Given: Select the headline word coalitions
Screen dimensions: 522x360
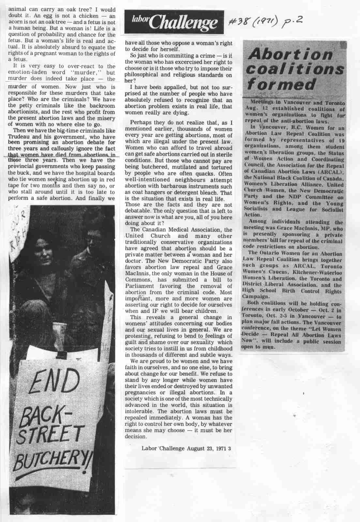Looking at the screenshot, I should coord(295,69).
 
